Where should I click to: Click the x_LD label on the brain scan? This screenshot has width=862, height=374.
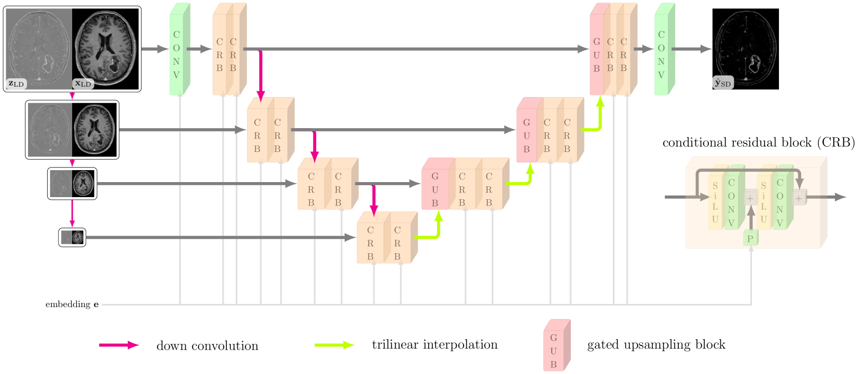pyautogui.click(x=83, y=83)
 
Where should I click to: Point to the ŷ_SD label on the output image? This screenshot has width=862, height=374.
pyautogui.click(x=723, y=82)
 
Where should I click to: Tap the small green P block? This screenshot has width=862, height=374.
pyautogui.click(x=750, y=238)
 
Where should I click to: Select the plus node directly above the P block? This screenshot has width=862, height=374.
pyautogui.click(x=750, y=198)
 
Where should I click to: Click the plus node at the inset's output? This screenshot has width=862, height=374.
pyautogui.click(x=798, y=198)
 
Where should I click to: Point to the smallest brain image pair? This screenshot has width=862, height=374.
pyautogui.click(x=72, y=237)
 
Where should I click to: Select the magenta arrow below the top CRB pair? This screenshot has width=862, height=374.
pyautogui.click(x=261, y=75)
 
